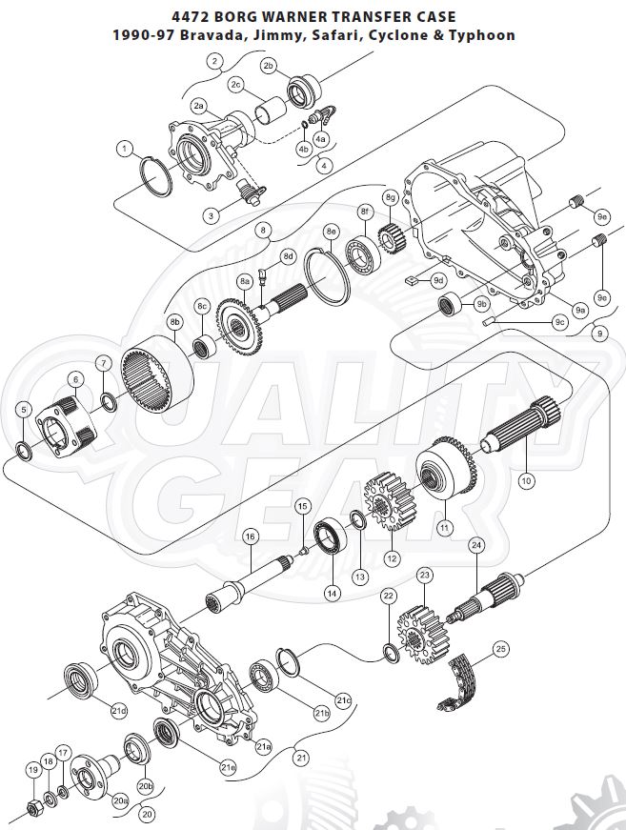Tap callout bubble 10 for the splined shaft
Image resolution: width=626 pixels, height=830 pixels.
point(525,481)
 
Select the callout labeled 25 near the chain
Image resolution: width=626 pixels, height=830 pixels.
point(500,651)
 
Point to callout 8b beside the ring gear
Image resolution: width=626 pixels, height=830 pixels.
point(174,323)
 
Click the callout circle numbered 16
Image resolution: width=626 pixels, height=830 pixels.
point(251,537)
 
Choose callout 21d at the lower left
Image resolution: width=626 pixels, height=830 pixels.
point(118,710)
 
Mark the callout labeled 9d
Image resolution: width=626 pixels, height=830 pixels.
point(438,280)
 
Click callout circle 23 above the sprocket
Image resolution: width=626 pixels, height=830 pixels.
point(425,576)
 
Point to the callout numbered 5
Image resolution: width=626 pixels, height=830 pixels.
point(24,412)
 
